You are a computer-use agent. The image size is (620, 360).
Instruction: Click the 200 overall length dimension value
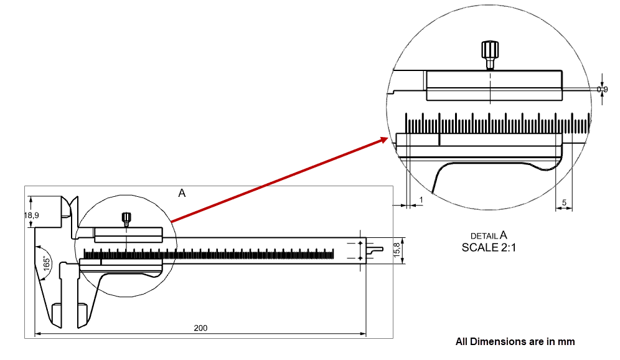click(200, 328)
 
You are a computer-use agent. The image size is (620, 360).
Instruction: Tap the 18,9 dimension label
click(31, 215)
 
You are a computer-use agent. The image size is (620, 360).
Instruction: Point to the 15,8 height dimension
click(397, 250)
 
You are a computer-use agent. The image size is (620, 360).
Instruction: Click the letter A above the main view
click(182, 193)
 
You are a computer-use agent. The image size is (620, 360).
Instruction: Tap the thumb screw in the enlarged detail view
click(490, 53)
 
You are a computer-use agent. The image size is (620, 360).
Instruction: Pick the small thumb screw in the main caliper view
click(126, 218)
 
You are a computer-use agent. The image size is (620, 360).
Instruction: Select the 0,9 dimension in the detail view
click(602, 90)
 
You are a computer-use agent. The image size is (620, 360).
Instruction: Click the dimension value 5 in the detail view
click(563, 203)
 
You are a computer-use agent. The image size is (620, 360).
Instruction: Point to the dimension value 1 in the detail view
click(421, 199)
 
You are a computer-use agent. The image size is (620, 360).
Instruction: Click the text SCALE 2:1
click(489, 247)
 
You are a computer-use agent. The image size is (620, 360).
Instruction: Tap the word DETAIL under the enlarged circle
click(484, 236)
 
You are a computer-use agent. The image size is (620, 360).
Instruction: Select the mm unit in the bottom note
click(567, 341)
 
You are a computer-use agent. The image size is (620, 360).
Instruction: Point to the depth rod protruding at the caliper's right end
click(375, 249)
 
